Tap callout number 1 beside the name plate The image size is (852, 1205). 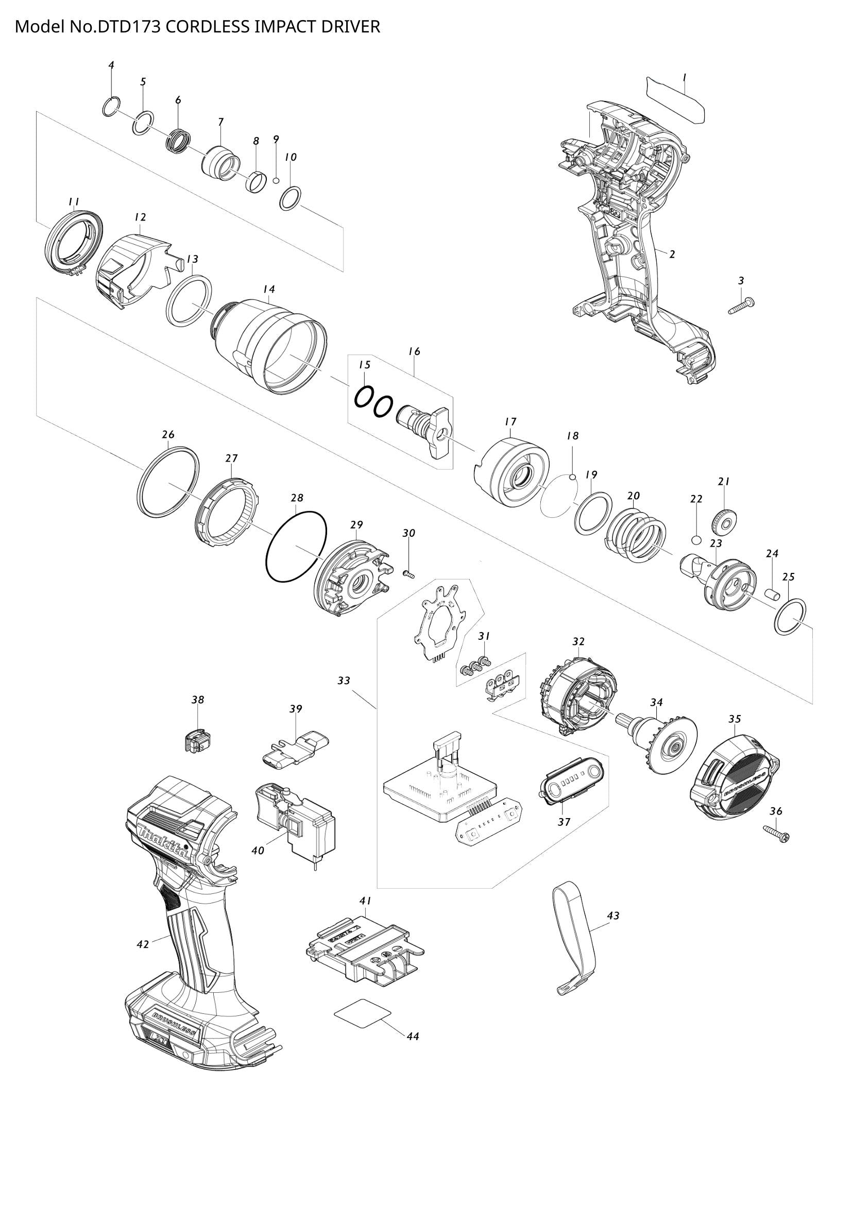[684, 77]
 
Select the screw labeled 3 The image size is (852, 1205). [741, 305]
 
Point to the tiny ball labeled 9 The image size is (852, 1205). [276, 180]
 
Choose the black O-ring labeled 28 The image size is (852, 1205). [296, 546]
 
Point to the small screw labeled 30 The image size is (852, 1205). [409, 573]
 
